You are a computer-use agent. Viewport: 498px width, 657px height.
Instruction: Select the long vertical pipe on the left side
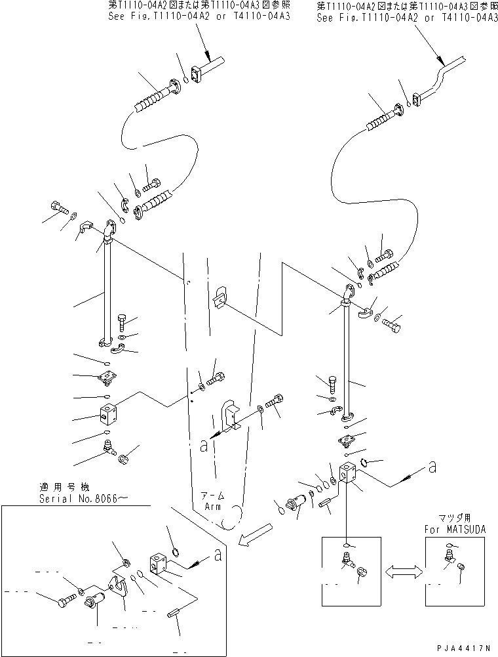coord(107,292)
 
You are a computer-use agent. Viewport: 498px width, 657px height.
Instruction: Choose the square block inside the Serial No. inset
coord(162,561)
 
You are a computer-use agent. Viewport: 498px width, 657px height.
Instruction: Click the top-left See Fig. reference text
coord(200,18)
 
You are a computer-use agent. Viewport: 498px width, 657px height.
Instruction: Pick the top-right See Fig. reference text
coord(407,18)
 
